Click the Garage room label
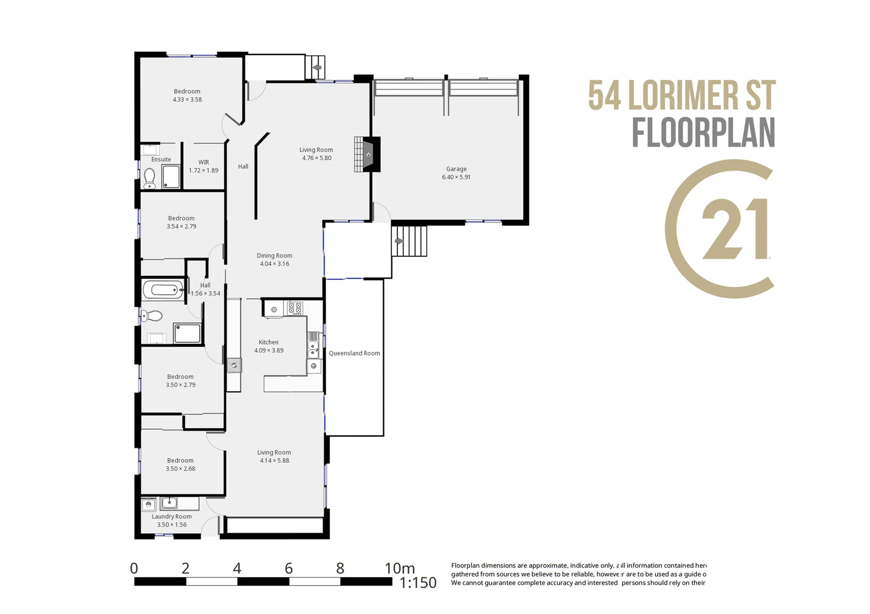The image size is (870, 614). pos(456,169)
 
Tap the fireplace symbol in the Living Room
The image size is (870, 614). pos(368,154)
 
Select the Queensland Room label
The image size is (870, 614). pos(354,353)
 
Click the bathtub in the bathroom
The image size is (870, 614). pos(163,290)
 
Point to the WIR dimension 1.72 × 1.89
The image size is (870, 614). pos(204,171)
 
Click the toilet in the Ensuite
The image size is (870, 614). pos(150,179)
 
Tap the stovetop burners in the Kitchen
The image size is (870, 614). pos(295,308)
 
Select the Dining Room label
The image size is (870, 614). pos(274,256)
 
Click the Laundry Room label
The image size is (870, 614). pos(171,517)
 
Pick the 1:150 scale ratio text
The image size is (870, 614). pos(418,583)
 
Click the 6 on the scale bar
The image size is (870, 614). pos(288,568)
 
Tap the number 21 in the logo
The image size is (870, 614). pos(735,229)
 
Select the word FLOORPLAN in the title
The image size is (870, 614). pos(703,134)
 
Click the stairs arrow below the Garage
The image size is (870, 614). pos(399,241)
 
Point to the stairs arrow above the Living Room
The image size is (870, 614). pos(317,68)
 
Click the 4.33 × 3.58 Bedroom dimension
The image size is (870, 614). pos(187,99)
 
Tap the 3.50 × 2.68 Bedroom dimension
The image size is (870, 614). pos(180,469)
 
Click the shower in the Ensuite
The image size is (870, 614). pos(171,177)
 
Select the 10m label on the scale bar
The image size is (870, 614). pos(399,568)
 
